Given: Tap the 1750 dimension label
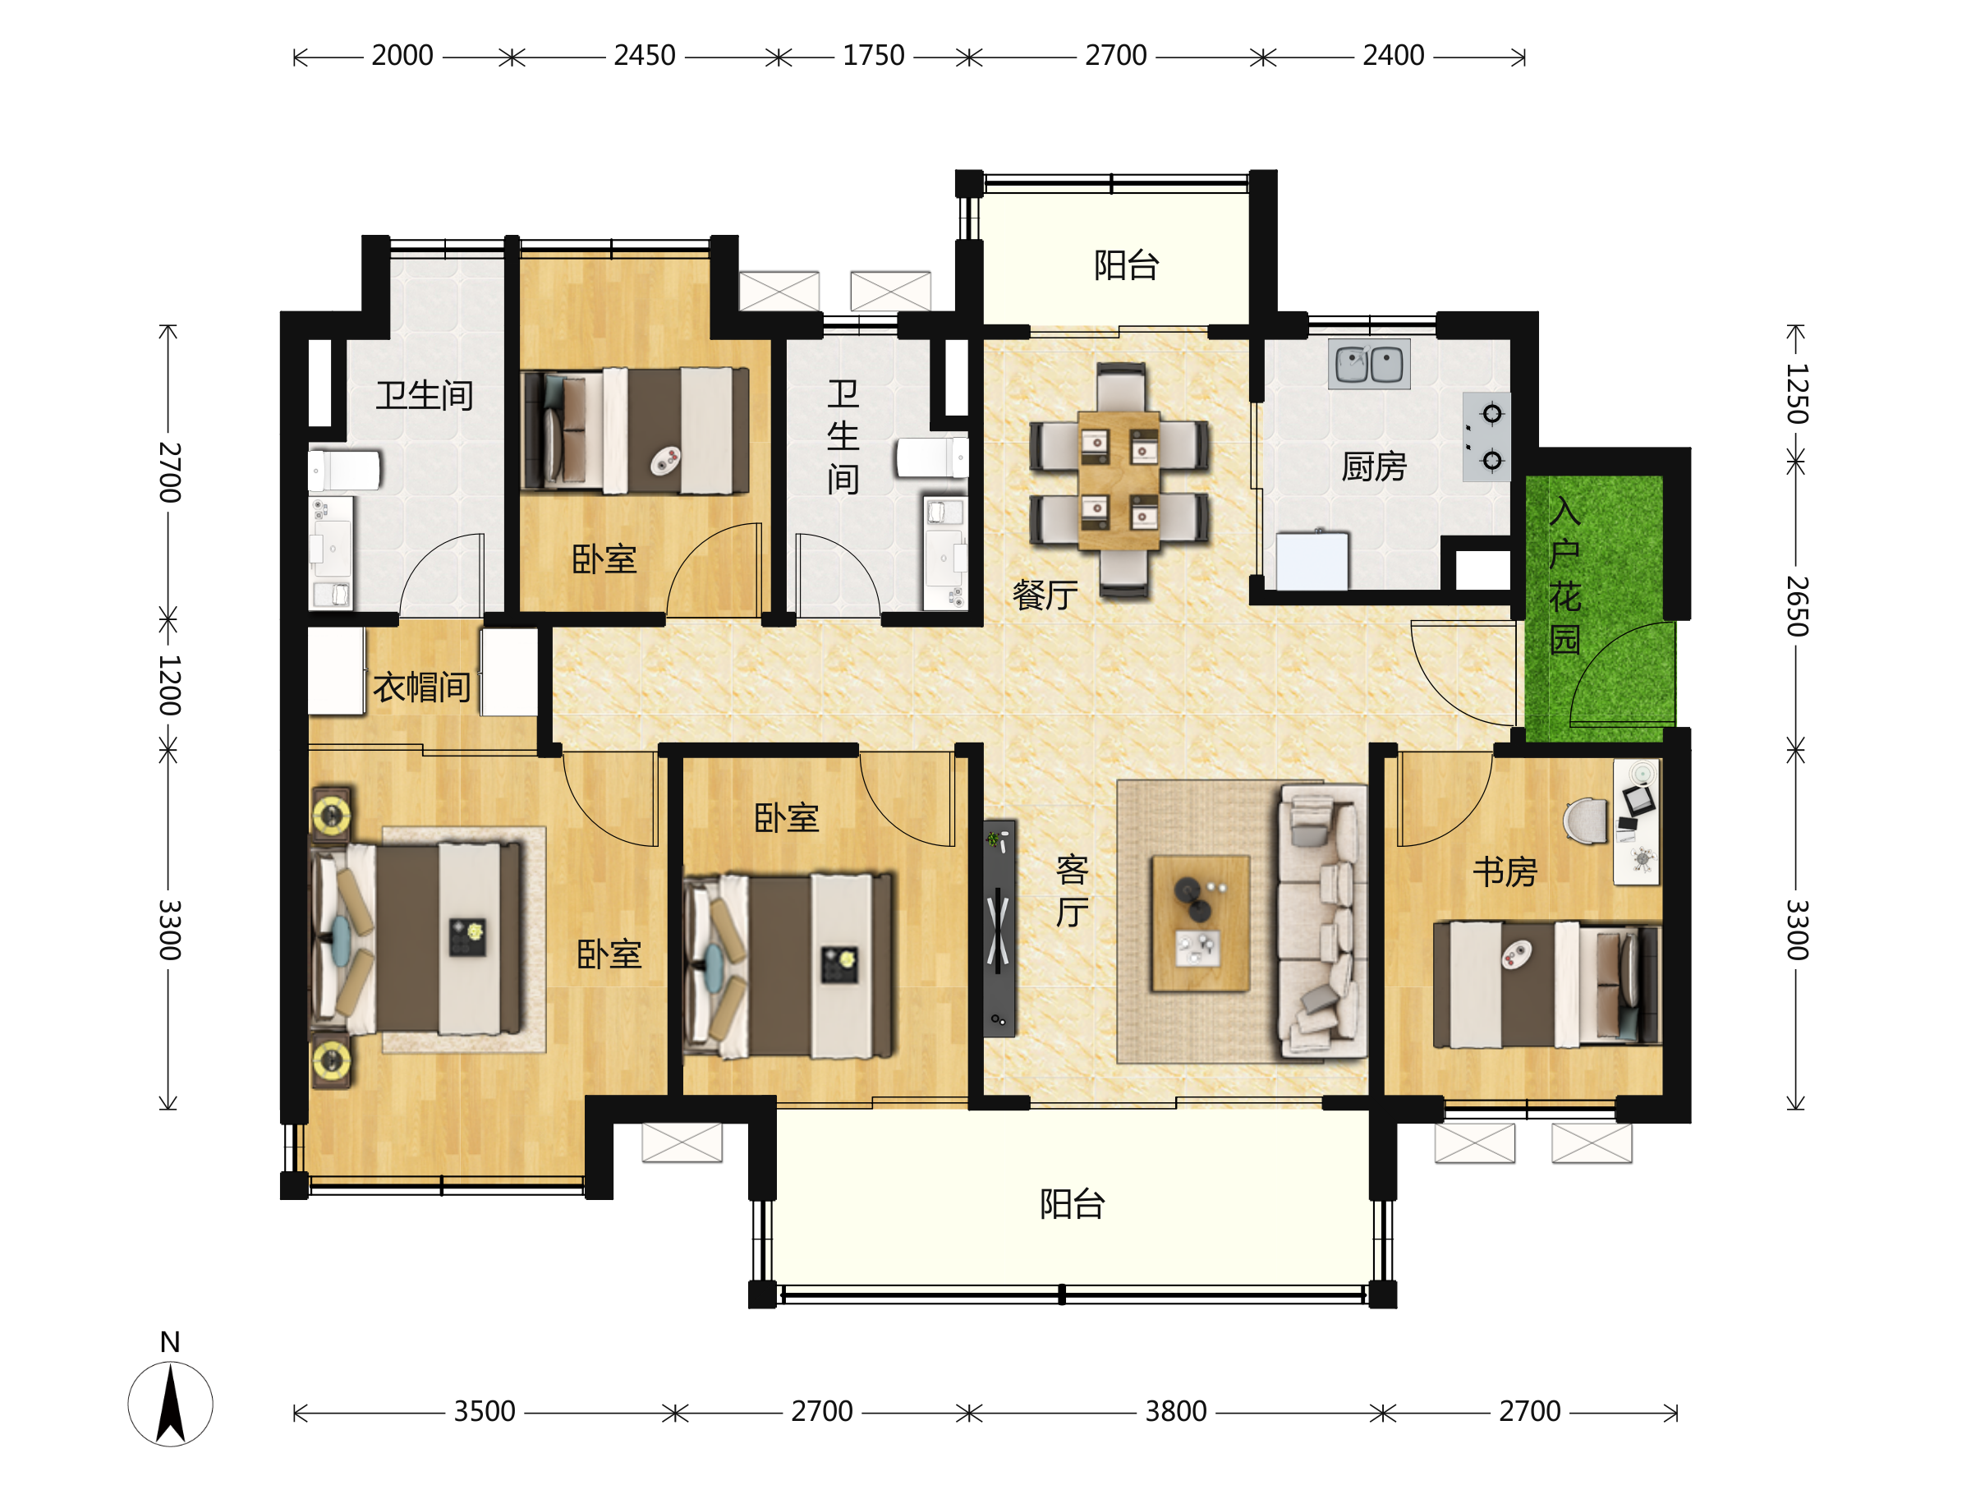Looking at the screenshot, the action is coord(873,56).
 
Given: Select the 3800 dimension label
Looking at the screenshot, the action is coord(1175,1411).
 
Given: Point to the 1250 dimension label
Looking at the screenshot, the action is coord(1796,393).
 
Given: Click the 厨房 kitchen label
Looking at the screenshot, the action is coord(1373,467).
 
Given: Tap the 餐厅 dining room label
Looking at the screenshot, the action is coord(1045,595).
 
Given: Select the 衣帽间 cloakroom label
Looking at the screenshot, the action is coord(421,687).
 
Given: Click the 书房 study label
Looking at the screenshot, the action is coord(1505,871).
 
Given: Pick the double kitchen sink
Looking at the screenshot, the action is coord(1369,364).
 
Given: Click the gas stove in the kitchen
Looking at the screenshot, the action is coord(1486,437).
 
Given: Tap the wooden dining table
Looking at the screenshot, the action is coord(1119,480).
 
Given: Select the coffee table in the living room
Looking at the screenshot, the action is coord(1200,923).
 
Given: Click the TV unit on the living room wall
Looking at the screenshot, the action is coord(999,928).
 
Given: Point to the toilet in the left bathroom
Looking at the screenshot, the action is coord(344,470).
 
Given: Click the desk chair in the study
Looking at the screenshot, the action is coord(1586,819).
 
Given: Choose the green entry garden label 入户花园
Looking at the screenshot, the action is coord(1564,575).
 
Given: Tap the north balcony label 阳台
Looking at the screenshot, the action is coord(1126,265).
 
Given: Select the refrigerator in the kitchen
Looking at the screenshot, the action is coord(1312,560).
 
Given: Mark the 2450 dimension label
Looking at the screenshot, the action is coord(644,56).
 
